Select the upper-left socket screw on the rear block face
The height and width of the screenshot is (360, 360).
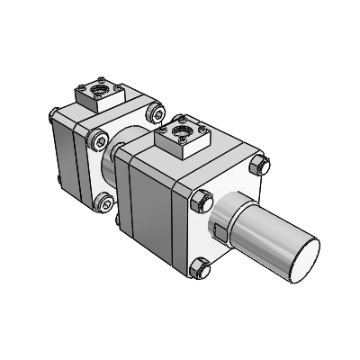tap(99, 139)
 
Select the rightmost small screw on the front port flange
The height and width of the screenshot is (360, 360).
tap(205, 132)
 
